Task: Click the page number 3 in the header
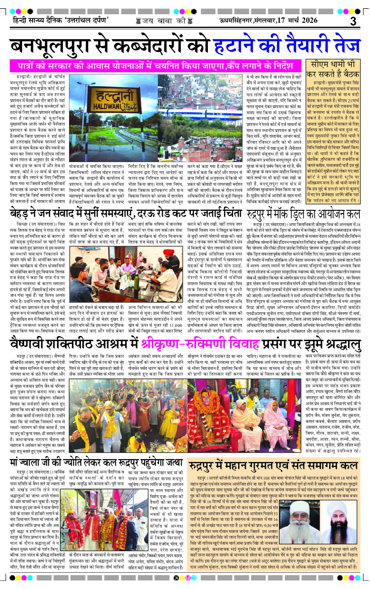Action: pos(353,21)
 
